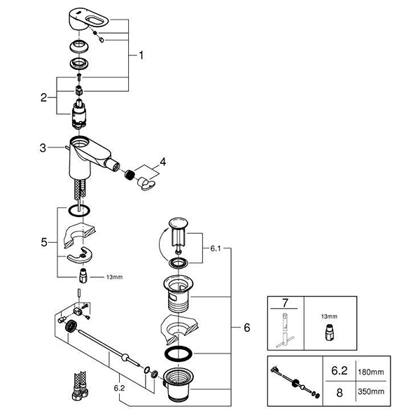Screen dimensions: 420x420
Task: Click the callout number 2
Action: [x=43, y=98]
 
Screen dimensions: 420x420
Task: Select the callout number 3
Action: [x=43, y=148]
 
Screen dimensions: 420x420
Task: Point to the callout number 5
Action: [x=43, y=242]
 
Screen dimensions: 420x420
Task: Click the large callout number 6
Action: [x=246, y=327]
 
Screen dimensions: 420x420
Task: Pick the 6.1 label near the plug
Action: [x=216, y=247]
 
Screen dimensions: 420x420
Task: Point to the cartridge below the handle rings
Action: [x=81, y=113]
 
